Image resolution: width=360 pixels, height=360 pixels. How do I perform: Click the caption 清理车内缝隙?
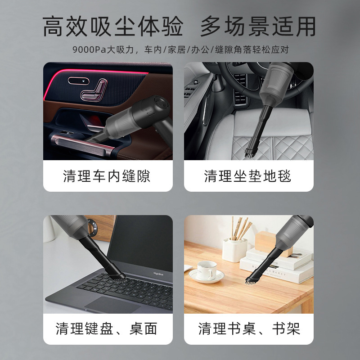tap(108, 176)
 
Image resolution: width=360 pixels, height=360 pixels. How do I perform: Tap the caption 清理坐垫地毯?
tap(248, 176)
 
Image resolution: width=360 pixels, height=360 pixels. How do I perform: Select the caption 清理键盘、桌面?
tap(108, 329)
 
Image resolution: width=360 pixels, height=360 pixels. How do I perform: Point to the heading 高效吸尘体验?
tap(113, 27)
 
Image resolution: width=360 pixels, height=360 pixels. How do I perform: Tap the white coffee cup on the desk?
tap(207, 270)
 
